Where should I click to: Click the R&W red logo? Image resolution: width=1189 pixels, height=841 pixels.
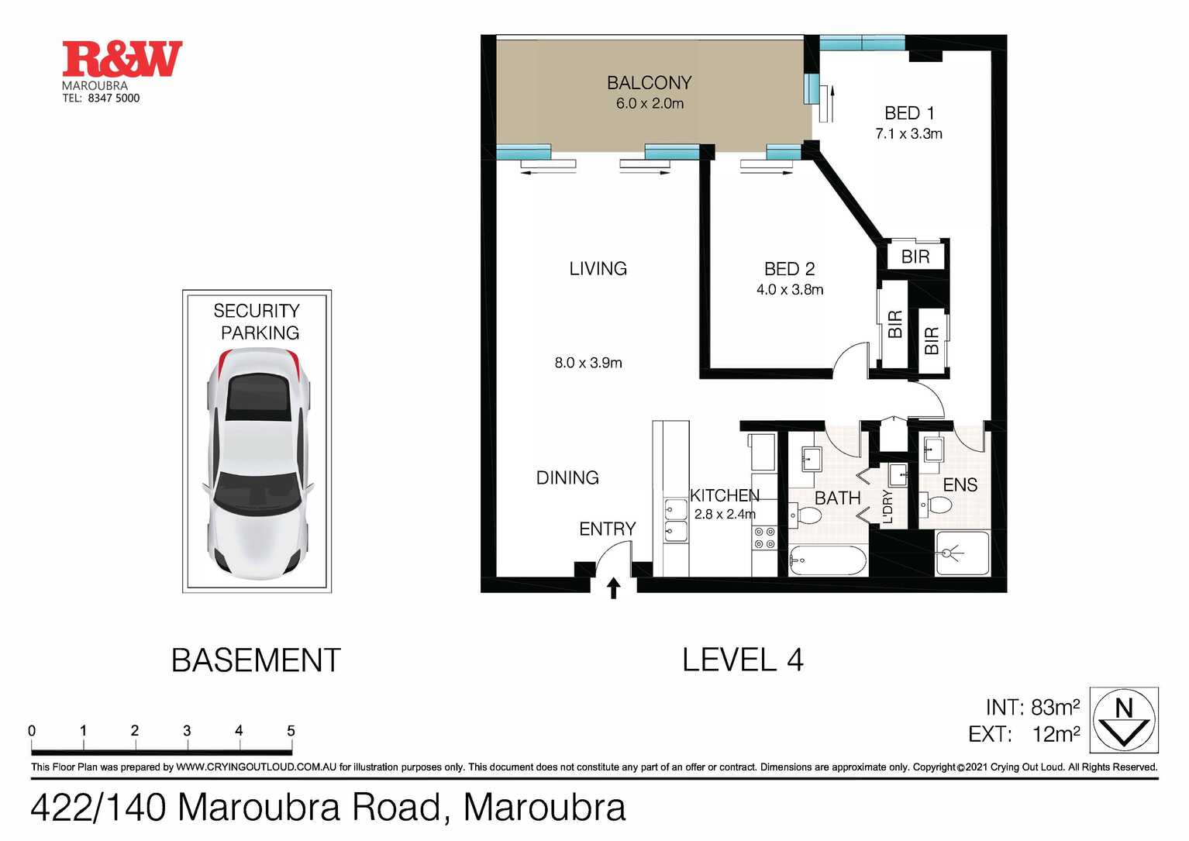122,59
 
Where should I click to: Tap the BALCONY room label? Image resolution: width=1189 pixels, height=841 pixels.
649,83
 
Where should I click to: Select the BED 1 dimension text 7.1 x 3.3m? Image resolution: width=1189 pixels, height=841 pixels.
908,134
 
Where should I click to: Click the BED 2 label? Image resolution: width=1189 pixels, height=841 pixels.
789,269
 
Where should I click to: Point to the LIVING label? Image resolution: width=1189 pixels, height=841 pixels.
598,269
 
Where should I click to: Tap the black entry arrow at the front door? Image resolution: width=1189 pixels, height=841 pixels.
613,588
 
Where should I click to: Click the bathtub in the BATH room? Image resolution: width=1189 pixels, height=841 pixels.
827,560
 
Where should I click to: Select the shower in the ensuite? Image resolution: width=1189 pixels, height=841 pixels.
962,553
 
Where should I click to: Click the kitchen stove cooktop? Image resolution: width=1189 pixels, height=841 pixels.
764,538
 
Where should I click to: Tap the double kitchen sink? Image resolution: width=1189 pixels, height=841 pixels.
676,520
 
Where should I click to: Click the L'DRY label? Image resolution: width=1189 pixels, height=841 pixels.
888,507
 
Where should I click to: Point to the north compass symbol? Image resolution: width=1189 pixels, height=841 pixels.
1123,720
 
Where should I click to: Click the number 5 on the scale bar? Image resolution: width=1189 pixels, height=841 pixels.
291,731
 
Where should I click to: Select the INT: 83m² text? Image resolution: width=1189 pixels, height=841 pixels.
1032,708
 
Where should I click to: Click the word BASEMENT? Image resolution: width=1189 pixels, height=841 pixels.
256,660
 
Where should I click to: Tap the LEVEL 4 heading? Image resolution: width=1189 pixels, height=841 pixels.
742,660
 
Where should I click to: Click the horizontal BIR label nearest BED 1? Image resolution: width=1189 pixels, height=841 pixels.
915,257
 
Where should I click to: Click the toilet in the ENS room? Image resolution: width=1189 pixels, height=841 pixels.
939,505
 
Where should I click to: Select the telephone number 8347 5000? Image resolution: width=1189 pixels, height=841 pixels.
114,98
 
